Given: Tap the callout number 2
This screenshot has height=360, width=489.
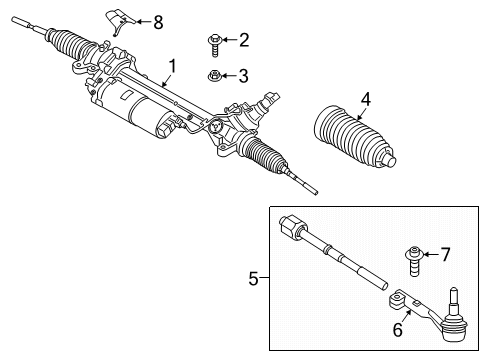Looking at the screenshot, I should pos(244,40).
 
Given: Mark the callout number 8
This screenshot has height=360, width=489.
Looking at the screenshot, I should pos(157,21).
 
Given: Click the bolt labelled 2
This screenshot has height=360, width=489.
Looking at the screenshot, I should pos(215,40).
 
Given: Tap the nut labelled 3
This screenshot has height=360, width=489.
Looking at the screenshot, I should pos(215,74).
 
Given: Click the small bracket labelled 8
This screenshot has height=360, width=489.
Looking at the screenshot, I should pos(119,20).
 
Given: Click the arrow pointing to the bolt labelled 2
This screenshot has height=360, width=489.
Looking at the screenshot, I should pos(230,40).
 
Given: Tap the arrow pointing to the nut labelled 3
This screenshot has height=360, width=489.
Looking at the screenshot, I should pos(230,74).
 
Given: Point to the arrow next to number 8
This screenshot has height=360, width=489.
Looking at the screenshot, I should pos(141,21).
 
